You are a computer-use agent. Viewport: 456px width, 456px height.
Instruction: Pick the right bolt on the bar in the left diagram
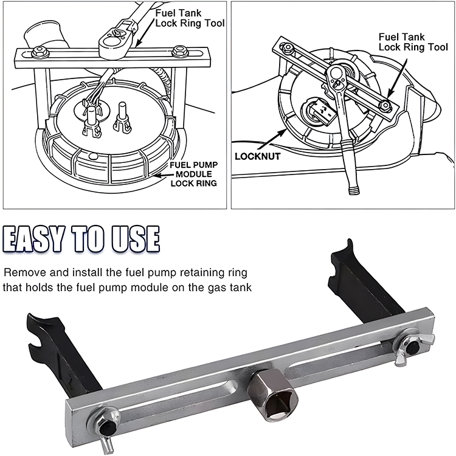click(x=178, y=51)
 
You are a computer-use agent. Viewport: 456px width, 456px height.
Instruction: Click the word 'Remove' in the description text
click(x=21, y=272)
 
